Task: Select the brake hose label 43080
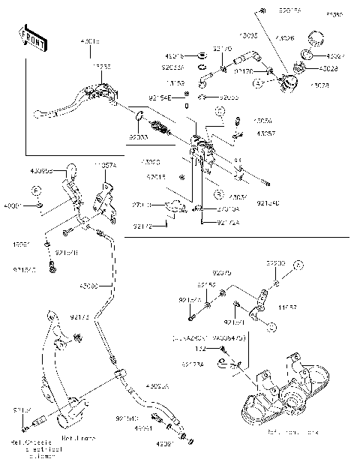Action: [x=90, y=286]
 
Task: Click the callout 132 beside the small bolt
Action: [x=201, y=349]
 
